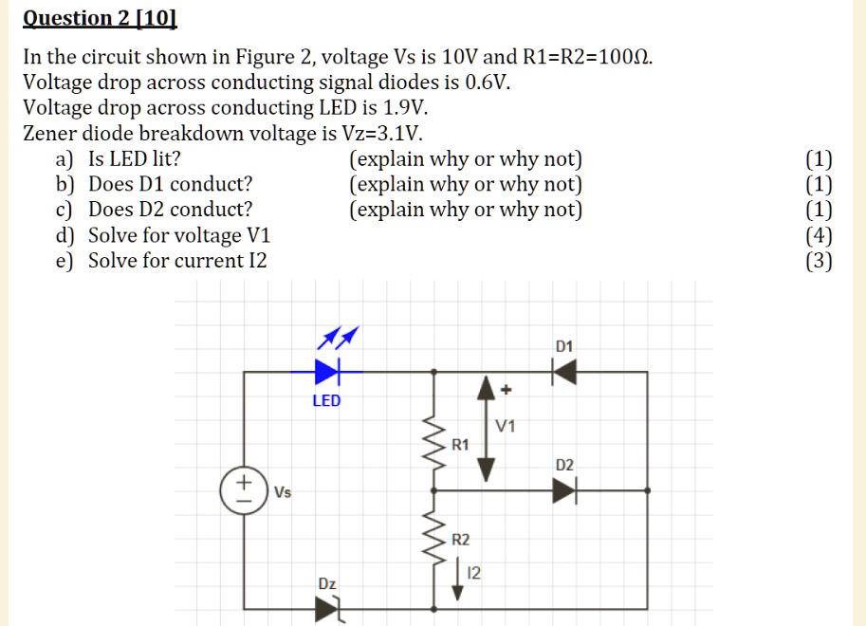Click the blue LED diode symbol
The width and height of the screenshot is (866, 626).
point(326,370)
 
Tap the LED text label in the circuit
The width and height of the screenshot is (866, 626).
point(326,401)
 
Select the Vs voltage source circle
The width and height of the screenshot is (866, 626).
point(243,488)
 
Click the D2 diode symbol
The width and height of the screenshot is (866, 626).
point(565,490)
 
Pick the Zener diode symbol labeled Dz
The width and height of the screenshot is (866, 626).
point(327,608)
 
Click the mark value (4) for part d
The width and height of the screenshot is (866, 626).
point(819,235)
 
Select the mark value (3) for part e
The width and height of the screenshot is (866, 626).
point(819,261)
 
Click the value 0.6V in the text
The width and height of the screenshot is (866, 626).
point(488,83)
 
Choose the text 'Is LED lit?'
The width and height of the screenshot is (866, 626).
point(134,158)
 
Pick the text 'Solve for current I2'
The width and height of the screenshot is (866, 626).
point(177,261)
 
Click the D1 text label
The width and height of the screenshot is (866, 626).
point(564,347)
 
